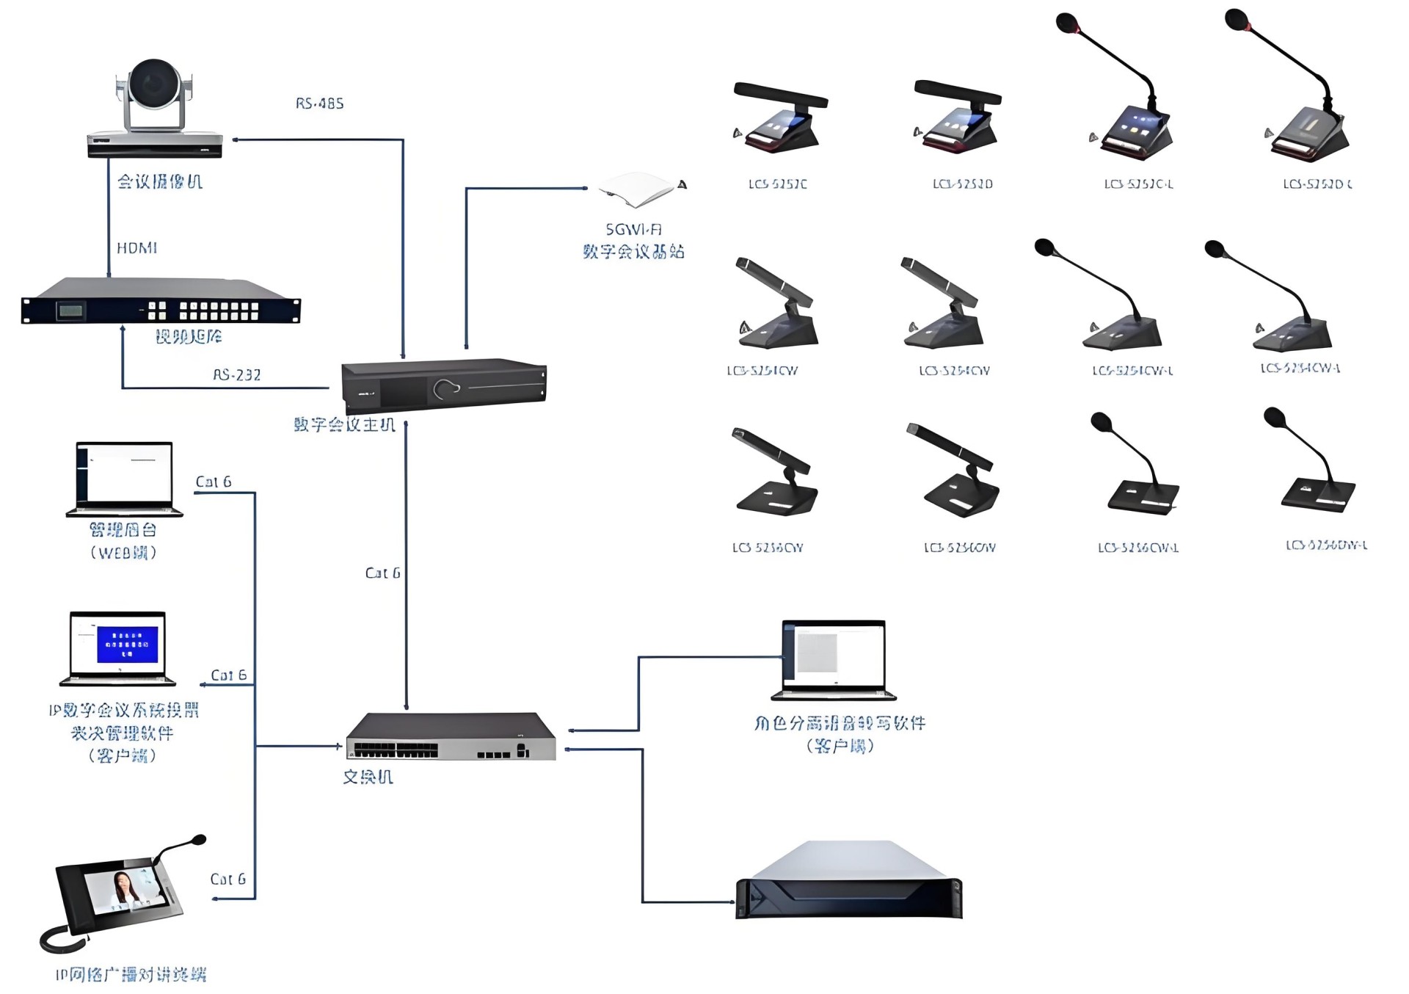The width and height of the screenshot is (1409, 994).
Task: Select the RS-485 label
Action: [x=319, y=104]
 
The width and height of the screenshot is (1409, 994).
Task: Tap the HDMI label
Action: [x=137, y=248]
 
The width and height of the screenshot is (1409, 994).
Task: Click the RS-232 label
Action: [x=236, y=375]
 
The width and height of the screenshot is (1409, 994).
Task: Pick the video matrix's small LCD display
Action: [x=70, y=311]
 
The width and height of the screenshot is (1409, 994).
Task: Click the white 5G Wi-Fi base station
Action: [x=637, y=188]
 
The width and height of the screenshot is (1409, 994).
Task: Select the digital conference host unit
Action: [x=444, y=386]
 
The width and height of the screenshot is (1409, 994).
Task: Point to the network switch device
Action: [x=451, y=736]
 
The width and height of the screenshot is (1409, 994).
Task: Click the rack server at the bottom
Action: [x=848, y=881]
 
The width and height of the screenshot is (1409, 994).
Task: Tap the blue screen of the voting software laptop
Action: [x=127, y=644]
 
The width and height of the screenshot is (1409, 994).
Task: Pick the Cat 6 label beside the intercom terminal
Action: [x=227, y=879]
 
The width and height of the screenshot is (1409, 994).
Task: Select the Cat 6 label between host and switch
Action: [x=382, y=573]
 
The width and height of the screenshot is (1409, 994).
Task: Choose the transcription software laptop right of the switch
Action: [x=834, y=659]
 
